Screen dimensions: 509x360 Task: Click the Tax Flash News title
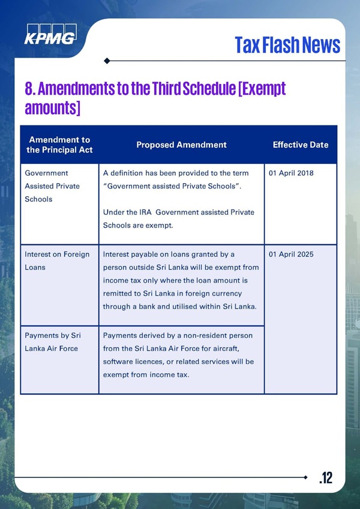point(287,44)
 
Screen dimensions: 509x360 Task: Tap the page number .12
point(325,477)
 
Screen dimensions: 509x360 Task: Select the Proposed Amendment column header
point(181,145)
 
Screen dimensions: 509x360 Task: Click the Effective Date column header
point(300,145)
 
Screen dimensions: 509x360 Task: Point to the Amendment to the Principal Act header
point(59,145)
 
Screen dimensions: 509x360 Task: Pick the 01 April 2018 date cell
point(292,173)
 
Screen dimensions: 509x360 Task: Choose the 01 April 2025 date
point(292,254)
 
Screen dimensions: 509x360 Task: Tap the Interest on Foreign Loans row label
point(56,261)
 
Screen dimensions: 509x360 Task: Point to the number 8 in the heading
point(29,89)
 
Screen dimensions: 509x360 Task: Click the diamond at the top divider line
point(107,61)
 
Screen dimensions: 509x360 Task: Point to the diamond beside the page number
point(307,477)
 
